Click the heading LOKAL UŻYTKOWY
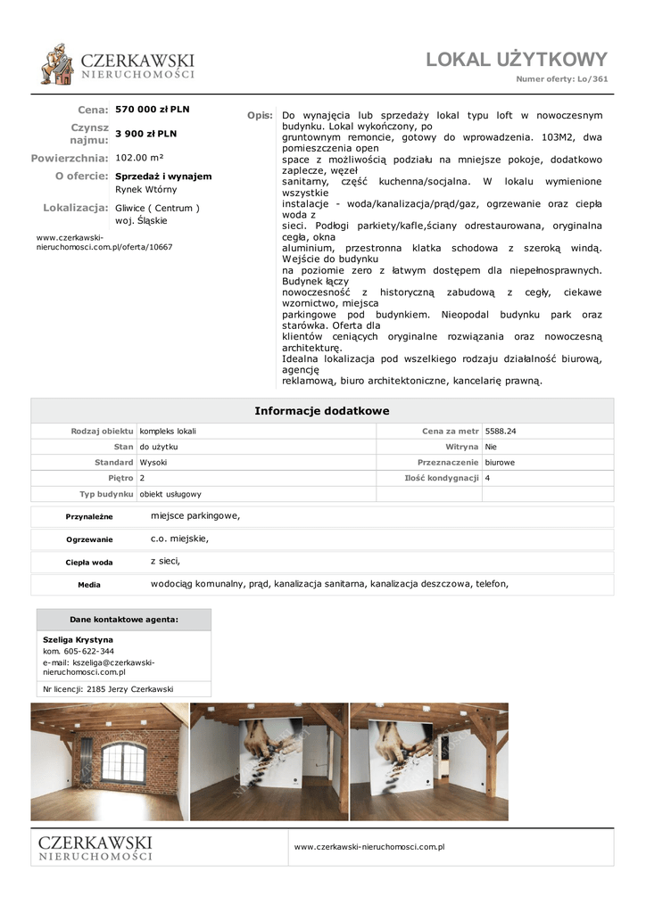tap(516, 60)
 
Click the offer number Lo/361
tap(592, 79)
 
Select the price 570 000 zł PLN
tap(153, 110)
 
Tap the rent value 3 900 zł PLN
tap(145, 134)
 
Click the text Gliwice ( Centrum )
tap(157, 208)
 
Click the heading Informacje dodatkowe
tap(322, 411)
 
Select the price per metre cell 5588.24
tap(501, 431)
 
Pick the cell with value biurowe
tap(500, 463)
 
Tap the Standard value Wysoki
tap(153, 463)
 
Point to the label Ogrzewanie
tap(89, 539)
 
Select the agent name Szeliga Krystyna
tap(78, 640)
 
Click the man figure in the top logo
tap(57, 64)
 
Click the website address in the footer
tap(369, 847)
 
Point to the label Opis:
tap(260, 116)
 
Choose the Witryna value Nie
tap(492, 447)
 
